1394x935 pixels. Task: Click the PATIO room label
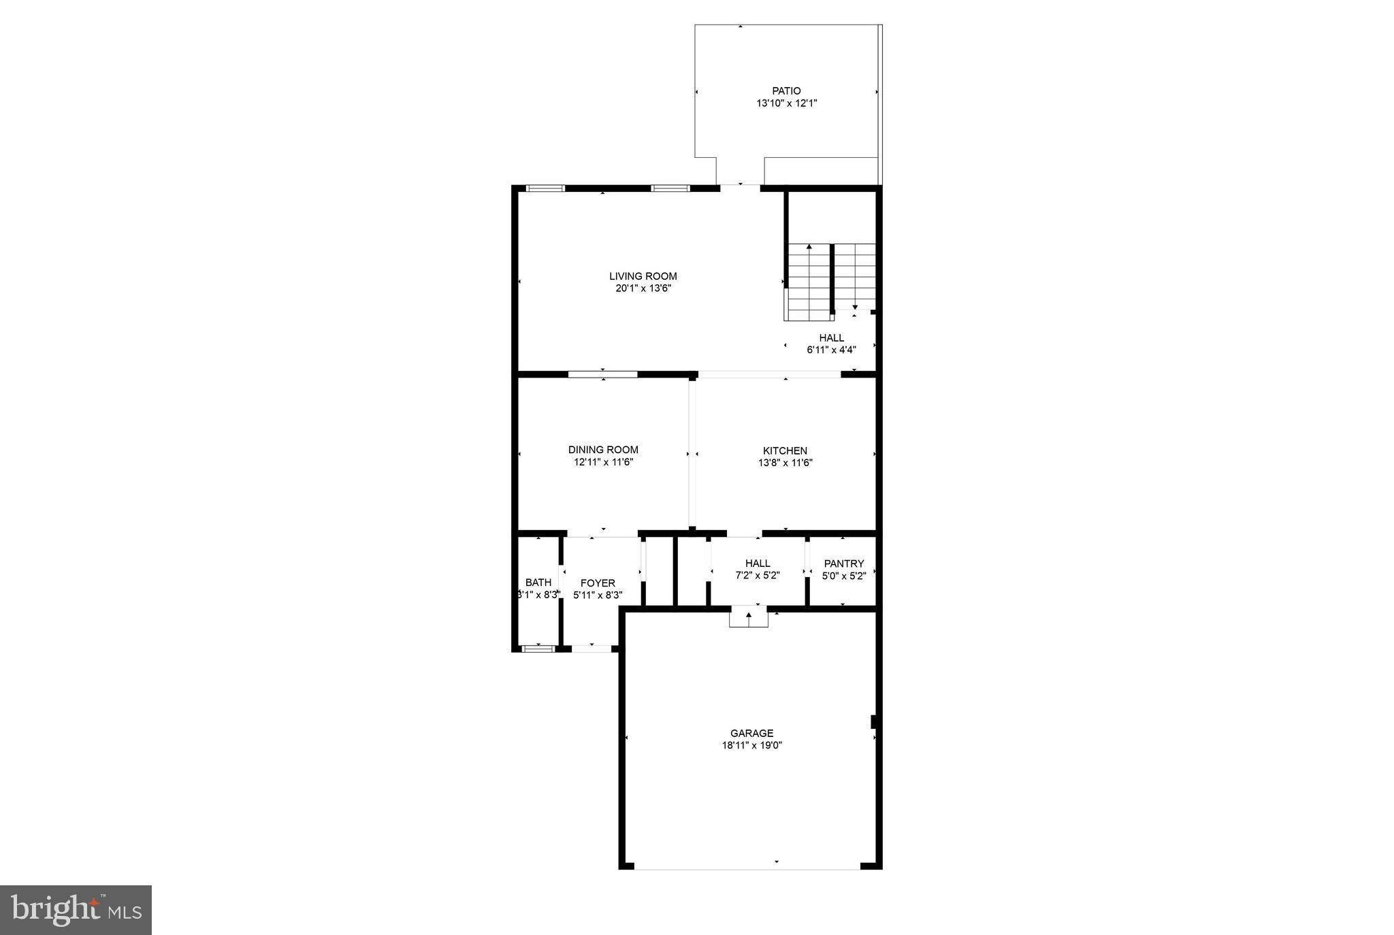[786, 91]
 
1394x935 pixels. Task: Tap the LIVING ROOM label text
[643, 276]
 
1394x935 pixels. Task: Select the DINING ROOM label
[603, 450]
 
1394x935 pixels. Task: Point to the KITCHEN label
[785, 450]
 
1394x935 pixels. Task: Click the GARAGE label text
[751, 733]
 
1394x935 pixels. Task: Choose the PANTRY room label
[843, 563]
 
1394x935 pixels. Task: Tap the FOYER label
[598, 583]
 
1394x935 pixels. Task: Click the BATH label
[538, 583]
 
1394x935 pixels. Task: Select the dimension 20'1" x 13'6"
[643, 289]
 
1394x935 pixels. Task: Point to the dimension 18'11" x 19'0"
[751, 745]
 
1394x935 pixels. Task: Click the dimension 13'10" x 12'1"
[786, 103]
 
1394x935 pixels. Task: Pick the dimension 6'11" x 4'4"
[831, 350]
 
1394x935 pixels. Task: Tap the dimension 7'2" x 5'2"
[758, 575]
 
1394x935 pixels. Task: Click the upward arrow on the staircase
[809, 247]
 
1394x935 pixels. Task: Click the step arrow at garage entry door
[749, 616]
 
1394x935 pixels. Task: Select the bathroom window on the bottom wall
[538, 649]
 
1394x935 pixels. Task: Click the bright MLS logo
[76, 910]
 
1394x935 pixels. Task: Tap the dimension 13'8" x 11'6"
[785, 463]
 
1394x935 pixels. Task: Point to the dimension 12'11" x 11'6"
[603, 462]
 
